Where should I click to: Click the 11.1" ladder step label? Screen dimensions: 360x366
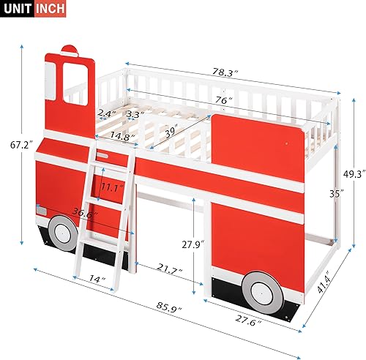point(111,187)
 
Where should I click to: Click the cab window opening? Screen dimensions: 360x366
point(78,82)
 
